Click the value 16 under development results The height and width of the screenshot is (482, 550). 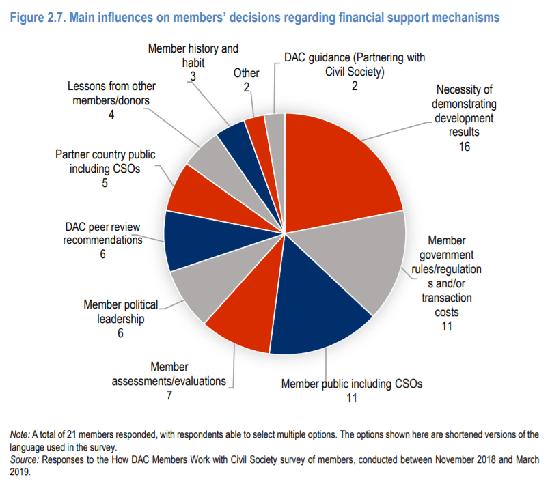tap(465, 146)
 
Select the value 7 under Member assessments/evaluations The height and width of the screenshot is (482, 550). tap(168, 395)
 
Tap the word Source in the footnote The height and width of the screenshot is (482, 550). tap(24, 459)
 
